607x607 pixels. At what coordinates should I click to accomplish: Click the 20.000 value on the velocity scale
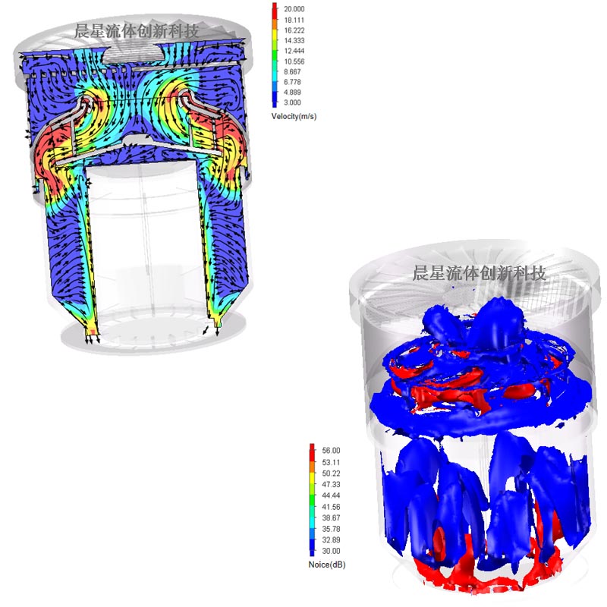(x=294, y=9)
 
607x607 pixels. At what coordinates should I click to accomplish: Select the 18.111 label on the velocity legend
(x=294, y=20)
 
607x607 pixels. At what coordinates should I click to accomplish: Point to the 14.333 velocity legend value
(x=294, y=41)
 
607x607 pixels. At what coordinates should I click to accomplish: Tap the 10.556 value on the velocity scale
(x=294, y=61)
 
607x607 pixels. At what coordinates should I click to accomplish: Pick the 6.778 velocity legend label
(x=292, y=82)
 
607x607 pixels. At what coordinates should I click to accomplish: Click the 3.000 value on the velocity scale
(x=292, y=102)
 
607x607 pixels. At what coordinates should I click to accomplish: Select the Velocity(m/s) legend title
(x=294, y=117)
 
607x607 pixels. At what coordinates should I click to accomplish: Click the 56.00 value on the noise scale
(x=331, y=451)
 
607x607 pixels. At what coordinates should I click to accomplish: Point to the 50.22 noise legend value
(x=331, y=473)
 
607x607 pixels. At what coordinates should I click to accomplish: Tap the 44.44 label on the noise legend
(x=331, y=495)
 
